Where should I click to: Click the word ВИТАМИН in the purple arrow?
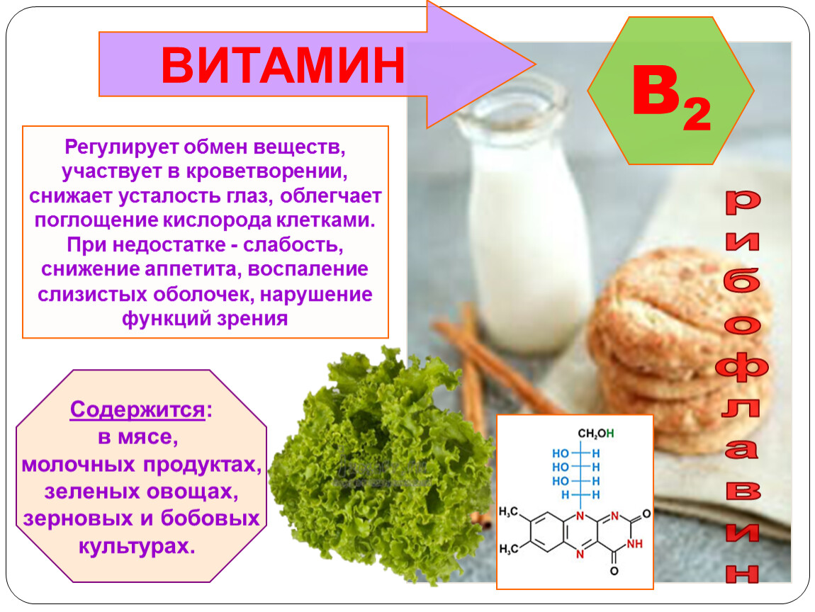283,65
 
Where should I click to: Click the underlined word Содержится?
137,409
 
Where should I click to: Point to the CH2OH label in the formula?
596,433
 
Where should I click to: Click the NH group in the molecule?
635,544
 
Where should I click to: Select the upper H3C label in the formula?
508,512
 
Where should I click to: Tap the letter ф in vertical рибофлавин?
742,367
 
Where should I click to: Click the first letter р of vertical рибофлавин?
743,202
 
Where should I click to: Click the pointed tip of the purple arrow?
535,64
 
